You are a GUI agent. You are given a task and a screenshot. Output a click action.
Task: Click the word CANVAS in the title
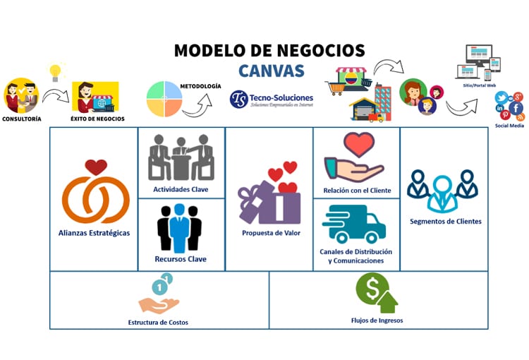coord(272,71)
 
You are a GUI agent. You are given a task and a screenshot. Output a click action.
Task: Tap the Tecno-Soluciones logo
coord(272,99)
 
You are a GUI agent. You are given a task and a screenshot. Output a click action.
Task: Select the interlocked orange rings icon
coord(95,196)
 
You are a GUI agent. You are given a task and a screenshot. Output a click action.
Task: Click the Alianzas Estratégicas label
coord(94,233)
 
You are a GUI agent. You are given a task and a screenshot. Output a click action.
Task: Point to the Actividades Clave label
coord(181,190)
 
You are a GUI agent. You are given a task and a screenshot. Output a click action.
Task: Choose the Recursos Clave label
coord(181,259)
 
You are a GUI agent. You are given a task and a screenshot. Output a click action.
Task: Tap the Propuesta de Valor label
coord(269,233)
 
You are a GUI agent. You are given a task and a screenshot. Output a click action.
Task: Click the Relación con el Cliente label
coord(357,191)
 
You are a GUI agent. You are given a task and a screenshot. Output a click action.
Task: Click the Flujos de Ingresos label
coord(378,320)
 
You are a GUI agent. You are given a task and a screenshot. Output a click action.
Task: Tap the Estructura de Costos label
coord(158,323)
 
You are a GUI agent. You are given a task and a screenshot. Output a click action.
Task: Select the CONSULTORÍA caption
coord(21,119)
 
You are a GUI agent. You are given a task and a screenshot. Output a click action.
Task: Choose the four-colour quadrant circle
coord(164,99)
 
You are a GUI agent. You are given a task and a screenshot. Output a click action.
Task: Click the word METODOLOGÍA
coord(201,86)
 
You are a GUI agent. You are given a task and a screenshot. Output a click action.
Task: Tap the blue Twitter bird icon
coord(501,98)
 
